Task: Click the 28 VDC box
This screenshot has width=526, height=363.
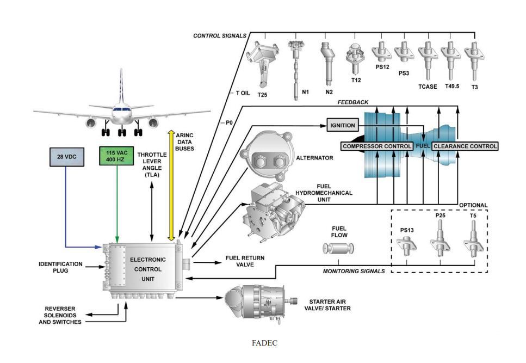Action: point(65,156)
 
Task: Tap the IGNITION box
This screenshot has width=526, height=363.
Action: point(343,126)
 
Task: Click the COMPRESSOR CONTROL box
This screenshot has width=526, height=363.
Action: point(376,146)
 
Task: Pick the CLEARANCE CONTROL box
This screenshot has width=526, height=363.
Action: point(465,146)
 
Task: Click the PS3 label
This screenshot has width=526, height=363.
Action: point(403,73)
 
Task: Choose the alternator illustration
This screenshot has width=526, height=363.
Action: point(268,158)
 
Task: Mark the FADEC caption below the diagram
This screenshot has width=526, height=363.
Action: point(263,343)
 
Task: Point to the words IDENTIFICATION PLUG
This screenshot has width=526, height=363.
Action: point(60,267)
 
